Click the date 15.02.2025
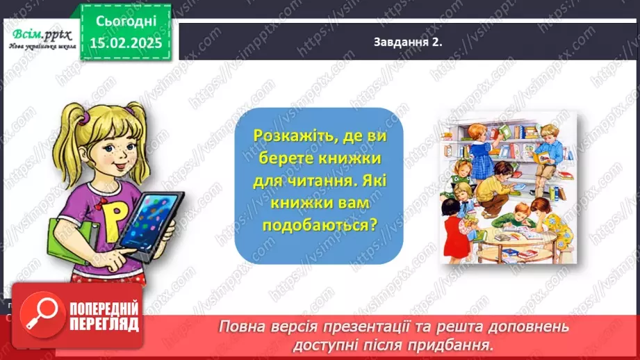coord(125,42)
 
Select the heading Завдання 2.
coord(408,42)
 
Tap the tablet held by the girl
coord(149,220)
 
